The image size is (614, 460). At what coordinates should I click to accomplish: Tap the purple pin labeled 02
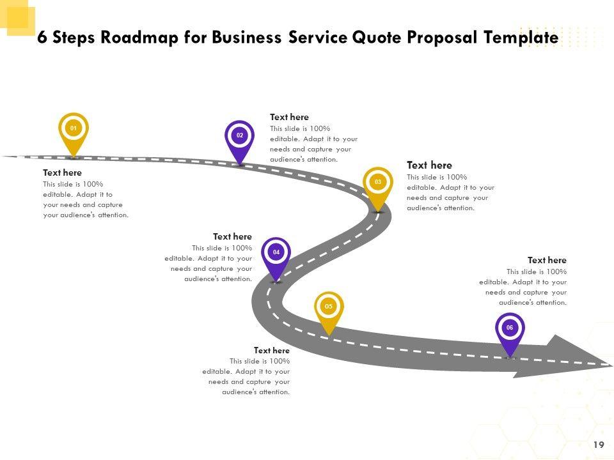[x=240, y=137]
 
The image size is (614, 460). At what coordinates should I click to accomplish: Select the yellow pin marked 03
[x=378, y=183]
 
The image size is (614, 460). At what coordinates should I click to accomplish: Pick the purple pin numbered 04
[x=276, y=254]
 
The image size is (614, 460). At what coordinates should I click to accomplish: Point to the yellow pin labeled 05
[x=329, y=308]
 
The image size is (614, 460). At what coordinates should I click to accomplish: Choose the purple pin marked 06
[x=510, y=329]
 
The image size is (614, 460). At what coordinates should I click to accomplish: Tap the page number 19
[x=599, y=445]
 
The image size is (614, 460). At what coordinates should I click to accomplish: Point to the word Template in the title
[x=521, y=38]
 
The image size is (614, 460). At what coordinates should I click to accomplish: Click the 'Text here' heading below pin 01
[x=62, y=172]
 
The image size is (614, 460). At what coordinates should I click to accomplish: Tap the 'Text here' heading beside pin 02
[x=289, y=117]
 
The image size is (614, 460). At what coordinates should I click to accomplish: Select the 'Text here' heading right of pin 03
[x=429, y=165]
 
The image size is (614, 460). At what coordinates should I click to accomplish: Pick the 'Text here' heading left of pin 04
[x=232, y=236]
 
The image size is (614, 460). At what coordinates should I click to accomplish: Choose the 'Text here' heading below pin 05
[x=272, y=350]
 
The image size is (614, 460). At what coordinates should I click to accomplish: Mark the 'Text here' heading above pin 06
[x=547, y=260]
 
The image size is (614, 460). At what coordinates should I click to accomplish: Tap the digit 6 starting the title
[x=42, y=38]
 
